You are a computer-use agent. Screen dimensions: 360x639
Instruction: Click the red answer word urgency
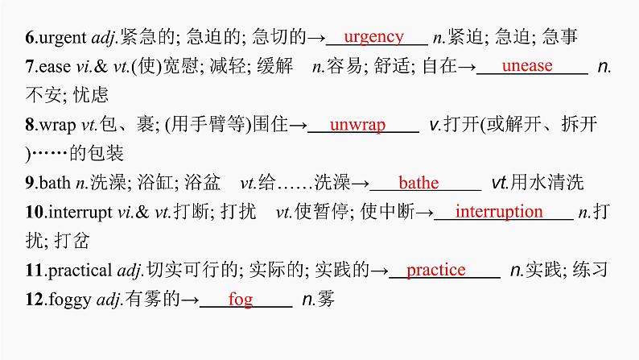click(373, 36)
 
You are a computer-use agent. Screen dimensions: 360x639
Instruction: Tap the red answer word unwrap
click(358, 124)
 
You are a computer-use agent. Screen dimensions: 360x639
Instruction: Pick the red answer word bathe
click(418, 183)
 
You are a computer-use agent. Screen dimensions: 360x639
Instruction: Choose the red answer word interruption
click(499, 212)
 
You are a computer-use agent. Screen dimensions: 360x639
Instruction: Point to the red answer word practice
click(436, 270)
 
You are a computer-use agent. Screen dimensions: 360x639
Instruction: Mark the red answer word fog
click(241, 300)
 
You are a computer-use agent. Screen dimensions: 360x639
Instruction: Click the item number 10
click(33, 213)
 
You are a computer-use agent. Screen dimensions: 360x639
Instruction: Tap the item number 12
click(33, 300)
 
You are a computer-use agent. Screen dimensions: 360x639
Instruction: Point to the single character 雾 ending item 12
click(326, 300)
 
